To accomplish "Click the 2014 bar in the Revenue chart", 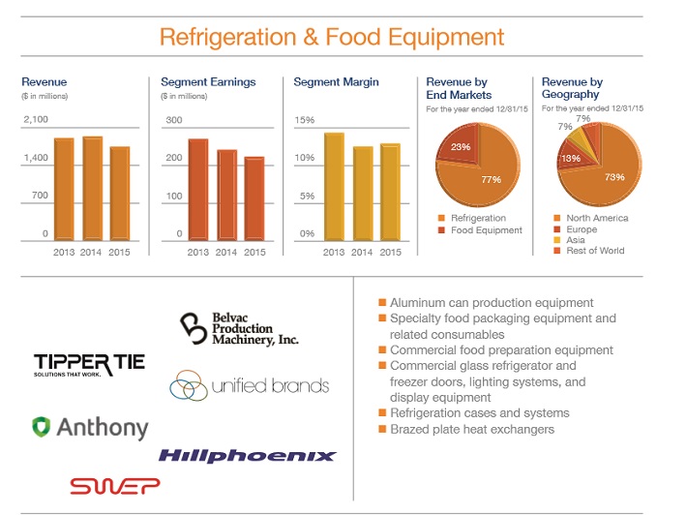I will (93, 189).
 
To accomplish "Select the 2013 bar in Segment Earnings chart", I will (198, 190).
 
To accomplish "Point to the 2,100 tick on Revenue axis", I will (35, 119).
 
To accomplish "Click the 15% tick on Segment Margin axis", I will (304, 119).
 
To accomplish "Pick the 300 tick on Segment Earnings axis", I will (173, 119).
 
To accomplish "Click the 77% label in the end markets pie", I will (491, 179).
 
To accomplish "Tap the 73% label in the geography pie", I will (613, 177).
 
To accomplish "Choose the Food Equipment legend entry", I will (486, 230).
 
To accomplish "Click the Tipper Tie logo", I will (89, 364).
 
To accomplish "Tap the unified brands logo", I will (250, 386).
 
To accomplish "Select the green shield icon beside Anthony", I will (41, 427).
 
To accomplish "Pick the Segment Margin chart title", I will (336, 82).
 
